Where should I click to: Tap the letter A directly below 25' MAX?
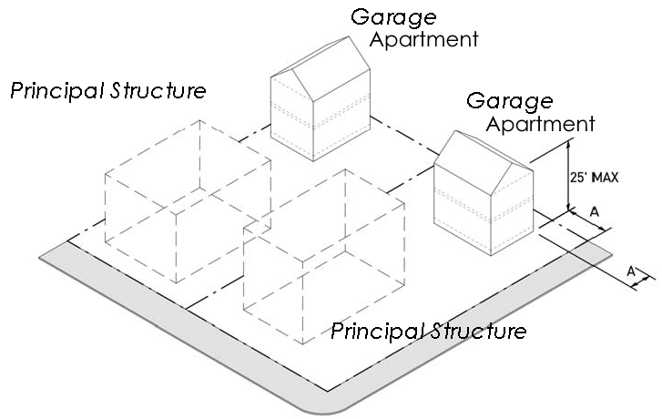click(x=594, y=210)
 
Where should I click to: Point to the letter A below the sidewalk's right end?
click(x=629, y=271)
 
